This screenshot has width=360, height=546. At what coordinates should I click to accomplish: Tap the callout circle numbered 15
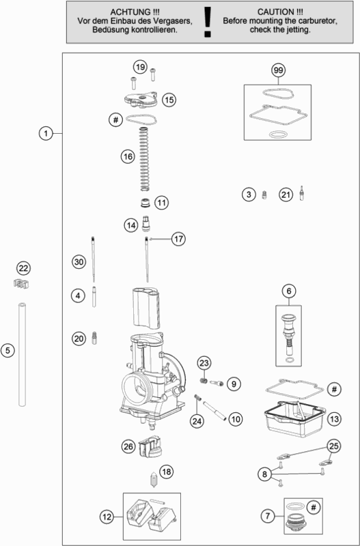(168, 100)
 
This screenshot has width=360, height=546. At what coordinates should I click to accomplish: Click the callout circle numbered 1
(45, 133)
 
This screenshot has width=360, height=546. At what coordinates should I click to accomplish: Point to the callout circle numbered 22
(24, 268)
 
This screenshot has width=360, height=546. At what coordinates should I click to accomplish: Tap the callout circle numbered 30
(79, 262)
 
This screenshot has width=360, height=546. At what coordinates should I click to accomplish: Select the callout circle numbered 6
(289, 291)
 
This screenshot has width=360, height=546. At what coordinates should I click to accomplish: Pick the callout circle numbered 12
(106, 517)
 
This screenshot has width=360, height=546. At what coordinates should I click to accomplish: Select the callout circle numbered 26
(128, 446)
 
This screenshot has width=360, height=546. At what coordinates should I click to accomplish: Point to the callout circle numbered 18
(167, 472)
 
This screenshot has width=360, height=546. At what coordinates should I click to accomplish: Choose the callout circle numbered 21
(286, 195)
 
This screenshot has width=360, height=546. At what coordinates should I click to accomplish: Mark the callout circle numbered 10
(235, 418)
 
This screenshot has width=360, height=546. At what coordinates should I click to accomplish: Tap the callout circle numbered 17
(178, 239)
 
